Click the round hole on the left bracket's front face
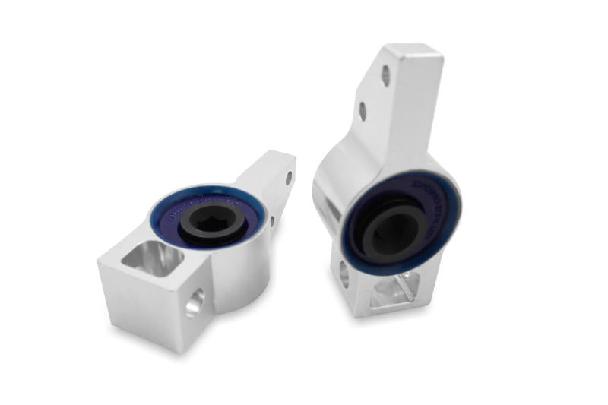click(194, 302)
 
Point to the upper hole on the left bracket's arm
click(288, 178)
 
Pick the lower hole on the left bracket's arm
click(271, 222)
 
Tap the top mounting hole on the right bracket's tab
click(386, 75)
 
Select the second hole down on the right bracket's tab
click(363, 111)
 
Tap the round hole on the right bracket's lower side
click(344, 274)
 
